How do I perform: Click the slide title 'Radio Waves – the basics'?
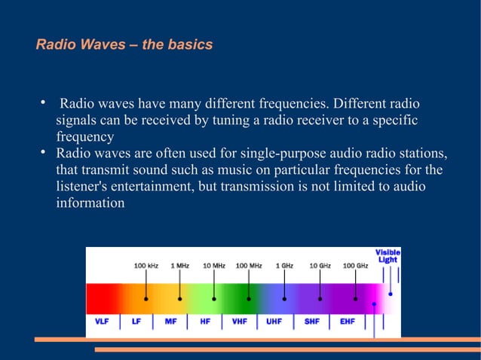coord(124,45)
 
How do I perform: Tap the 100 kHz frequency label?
coord(146,266)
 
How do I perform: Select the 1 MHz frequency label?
coord(179,266)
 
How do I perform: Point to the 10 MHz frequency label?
coord(214,266)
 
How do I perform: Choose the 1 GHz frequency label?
coord(284,266)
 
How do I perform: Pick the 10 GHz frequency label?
coord(320,266)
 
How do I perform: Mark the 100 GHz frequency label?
coord(356,266)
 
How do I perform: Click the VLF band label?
coord(102,321)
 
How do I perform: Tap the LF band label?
coord(136,321)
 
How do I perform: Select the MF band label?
coord(171,321)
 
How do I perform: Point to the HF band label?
coord(205,321)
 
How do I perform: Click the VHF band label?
coord(240,321)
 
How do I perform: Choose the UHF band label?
coord(274,321)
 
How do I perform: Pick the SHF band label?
coord(312,321)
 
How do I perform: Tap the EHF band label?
coord(348,321)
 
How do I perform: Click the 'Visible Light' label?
coord(388,255)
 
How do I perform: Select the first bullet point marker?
coord(44,102)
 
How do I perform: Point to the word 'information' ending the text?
coord(90,203)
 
